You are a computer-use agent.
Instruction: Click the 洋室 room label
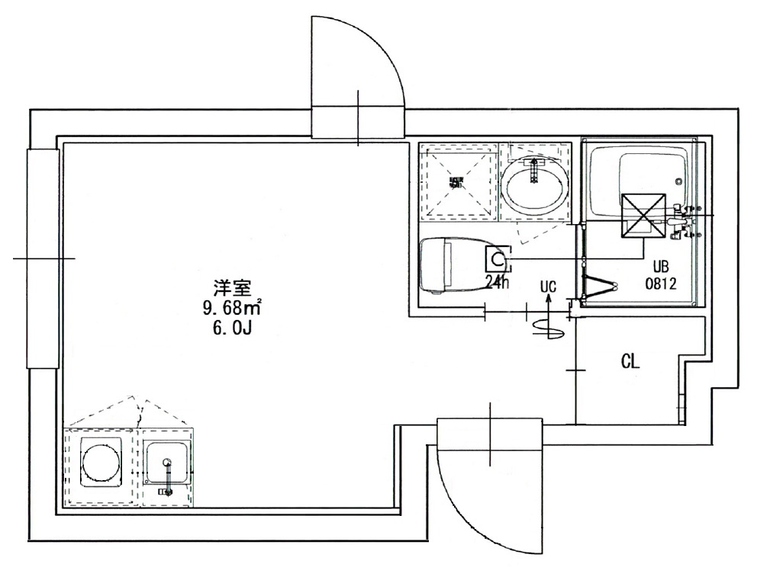click(233, 289)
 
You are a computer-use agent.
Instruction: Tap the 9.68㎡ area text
click(231, 309)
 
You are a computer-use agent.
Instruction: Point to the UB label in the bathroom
click(661, 267)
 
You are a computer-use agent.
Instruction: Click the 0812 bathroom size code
click(661, 283)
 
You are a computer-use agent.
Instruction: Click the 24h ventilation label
click(498, 281)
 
